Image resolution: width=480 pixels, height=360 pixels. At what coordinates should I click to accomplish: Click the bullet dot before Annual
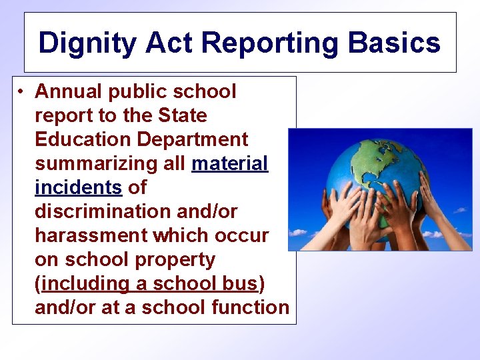[22, 91]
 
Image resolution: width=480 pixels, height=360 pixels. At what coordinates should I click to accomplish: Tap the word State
[183, 115]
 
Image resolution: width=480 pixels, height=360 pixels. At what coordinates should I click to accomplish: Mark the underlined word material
[229, 163]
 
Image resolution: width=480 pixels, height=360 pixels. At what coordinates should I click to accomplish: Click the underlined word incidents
[78, 187]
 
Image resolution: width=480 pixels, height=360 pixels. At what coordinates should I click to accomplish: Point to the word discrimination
[101, 211]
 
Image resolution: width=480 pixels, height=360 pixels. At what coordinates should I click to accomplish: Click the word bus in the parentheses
[240, 283]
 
